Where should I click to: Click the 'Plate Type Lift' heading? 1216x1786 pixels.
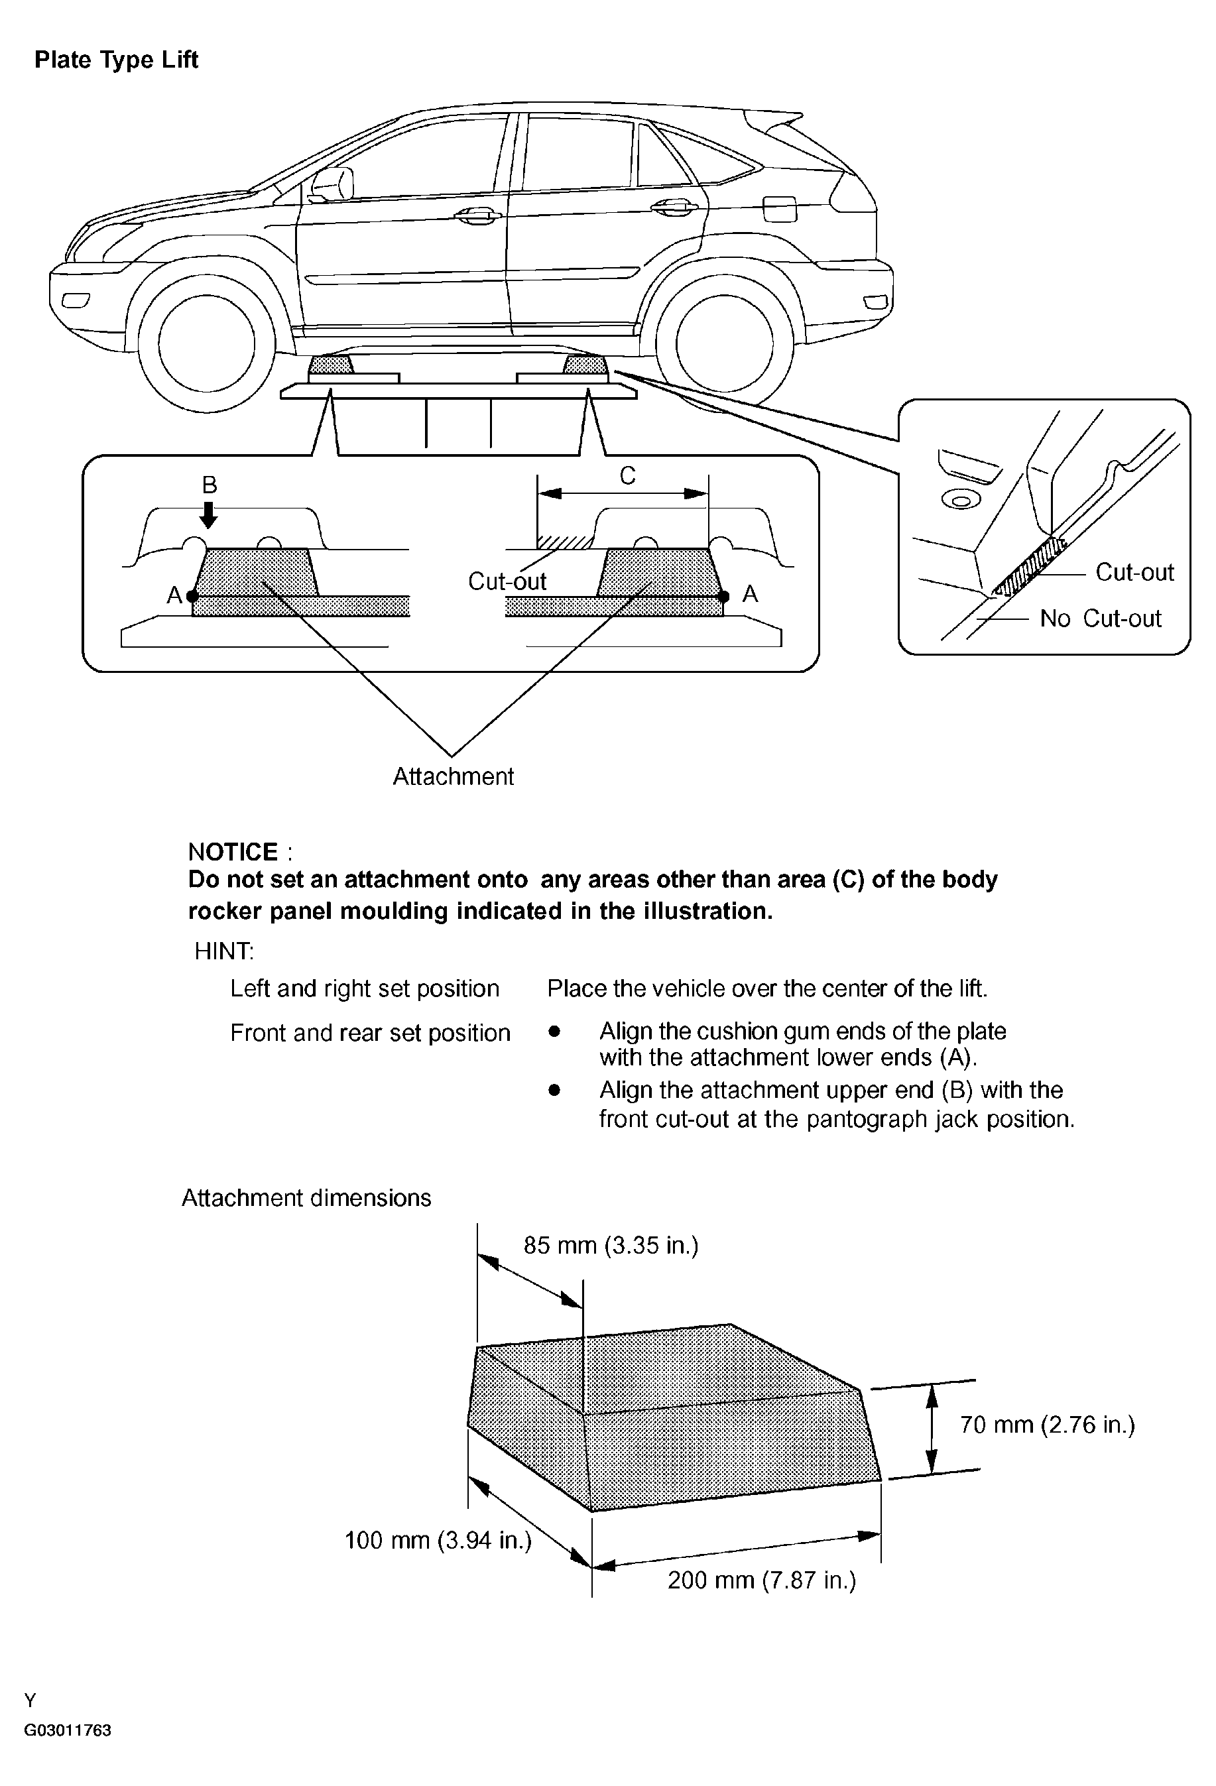116,60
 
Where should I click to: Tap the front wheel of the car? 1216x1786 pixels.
206,344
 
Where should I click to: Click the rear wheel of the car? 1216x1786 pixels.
724,343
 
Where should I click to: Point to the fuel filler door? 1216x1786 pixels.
780,208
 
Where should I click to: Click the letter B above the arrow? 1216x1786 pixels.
209,485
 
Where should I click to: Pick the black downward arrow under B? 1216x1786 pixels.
208,514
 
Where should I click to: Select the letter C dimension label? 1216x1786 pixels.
627,477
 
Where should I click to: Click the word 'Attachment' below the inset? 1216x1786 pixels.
453,776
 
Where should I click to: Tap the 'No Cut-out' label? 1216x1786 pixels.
1100,619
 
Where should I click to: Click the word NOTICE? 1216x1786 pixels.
233,851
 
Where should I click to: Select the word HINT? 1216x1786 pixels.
223,951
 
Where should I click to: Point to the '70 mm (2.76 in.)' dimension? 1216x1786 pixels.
1047,1425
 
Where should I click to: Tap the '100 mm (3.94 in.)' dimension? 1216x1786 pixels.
438,1540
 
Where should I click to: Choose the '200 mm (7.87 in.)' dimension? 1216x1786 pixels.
761,1580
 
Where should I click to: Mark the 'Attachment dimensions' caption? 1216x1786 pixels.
306,1198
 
